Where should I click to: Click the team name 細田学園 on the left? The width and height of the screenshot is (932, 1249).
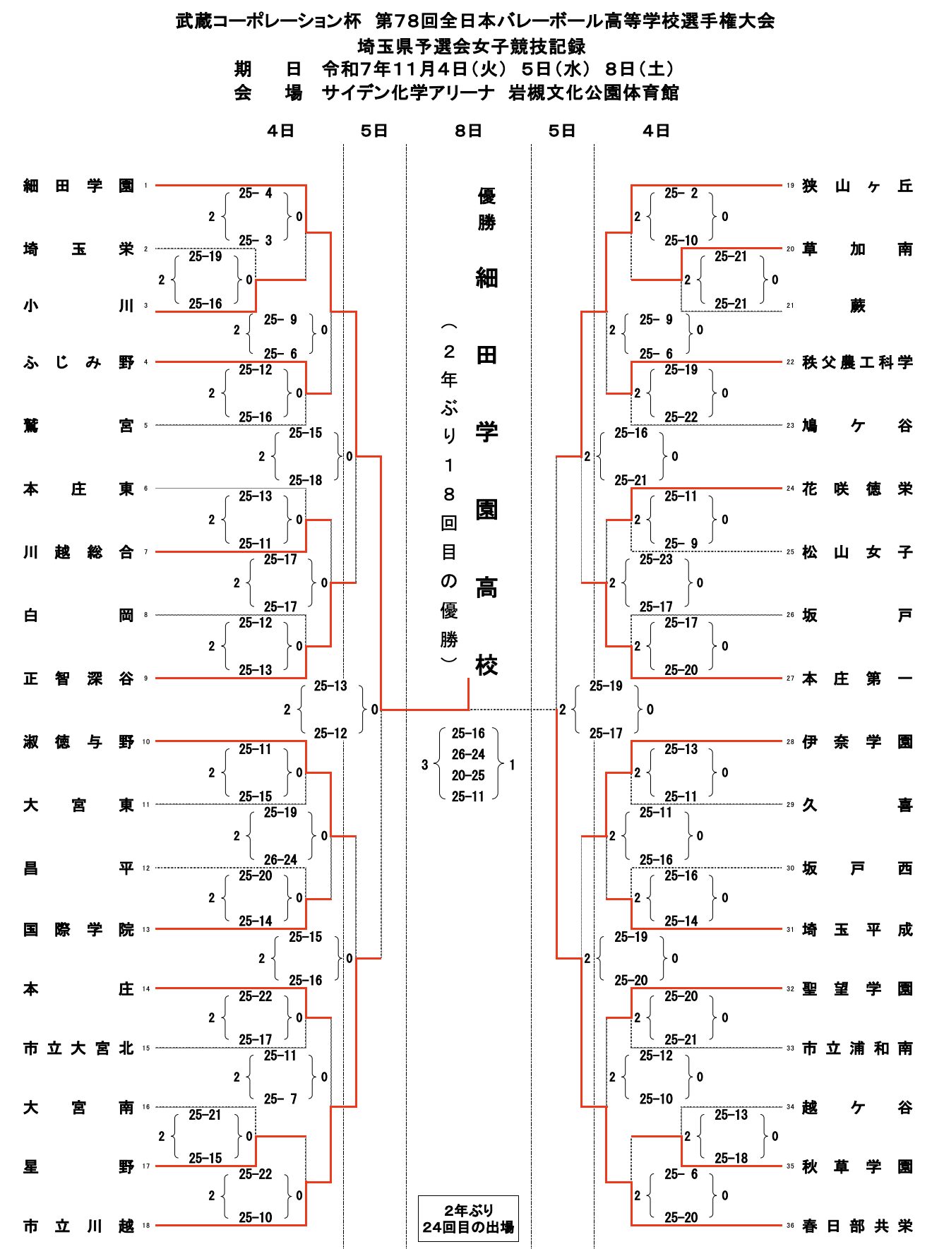[x=78, y=186]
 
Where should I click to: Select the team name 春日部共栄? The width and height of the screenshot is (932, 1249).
[x=857, y=1226]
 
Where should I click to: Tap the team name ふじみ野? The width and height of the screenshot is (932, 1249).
[x=78, y=362]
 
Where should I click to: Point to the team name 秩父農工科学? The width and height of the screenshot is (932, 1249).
[x=857, y=362]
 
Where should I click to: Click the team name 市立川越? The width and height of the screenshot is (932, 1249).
[x=78, y=1226]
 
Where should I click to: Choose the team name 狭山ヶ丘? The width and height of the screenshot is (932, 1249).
[x=857, y=186]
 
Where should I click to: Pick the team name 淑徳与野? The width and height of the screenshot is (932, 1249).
[x=78, y=741]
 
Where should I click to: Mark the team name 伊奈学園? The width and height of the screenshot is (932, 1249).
[x=857, y=741]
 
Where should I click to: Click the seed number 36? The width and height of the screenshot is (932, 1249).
[x=790, y=1225]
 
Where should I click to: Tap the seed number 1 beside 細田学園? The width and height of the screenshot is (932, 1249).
[x=146, y=186]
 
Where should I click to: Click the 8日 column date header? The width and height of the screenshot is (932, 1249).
[x=468, y=131]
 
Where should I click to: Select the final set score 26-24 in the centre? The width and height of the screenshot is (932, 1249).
[x=468, y=754]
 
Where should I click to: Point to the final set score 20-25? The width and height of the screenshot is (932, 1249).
[x=468, y=775]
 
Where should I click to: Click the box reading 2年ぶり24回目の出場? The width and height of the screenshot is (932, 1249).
[x=468, y=1219]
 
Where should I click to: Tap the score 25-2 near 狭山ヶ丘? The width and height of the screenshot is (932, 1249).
[x=681, y=193]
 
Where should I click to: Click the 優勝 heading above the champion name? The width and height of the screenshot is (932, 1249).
[x=486, y=209]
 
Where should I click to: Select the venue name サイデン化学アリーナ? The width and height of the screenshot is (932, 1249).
[x=407, y=92]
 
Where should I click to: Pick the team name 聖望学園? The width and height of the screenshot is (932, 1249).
[x=857, y=988]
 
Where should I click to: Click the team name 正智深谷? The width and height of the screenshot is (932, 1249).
[x=78, y=679]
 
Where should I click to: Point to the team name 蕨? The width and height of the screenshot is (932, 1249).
[x=857, y=306]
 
